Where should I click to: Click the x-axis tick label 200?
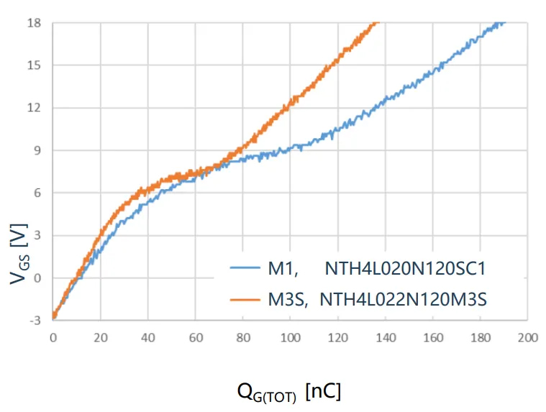pyautogui.click(x=528, y=337)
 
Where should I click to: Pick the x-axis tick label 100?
pyautogui.click(x=291, y=337)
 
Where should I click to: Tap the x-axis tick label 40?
pyautogui.click(x=148, y=337)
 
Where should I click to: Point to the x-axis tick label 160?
pyautogui.click(x=433, y=337)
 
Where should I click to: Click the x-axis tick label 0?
pyautogui.click(x=53, y=337)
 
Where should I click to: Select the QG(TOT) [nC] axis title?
pyautogui.click(x=288, y=393)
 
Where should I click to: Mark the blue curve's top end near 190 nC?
pyautogui.click(x=503, y=23)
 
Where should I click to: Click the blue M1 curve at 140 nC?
pyautogui.click(x=386, y=99)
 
